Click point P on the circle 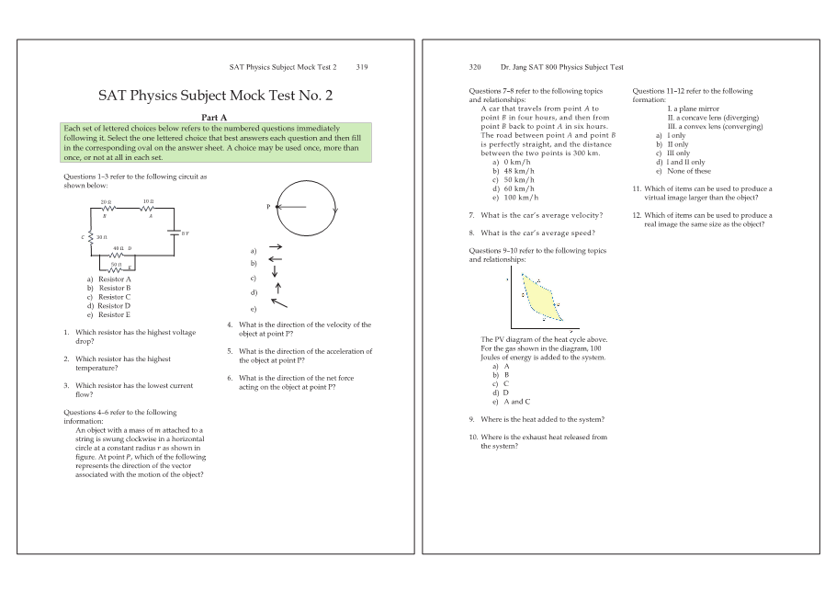tap(275, 207)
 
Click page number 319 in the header tap(361, 67)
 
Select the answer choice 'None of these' tap(688, 171)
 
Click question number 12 tap(638, 215)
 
